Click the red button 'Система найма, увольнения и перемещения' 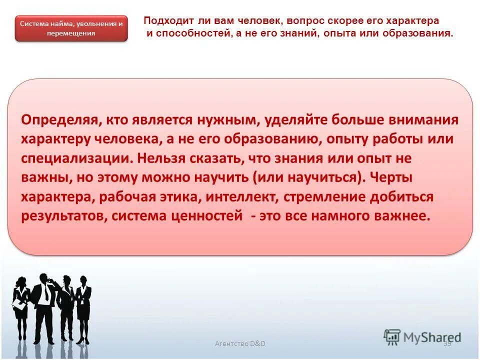click(71, 28)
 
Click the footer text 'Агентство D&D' click(240, 343)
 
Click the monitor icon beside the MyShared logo click(392, 337)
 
